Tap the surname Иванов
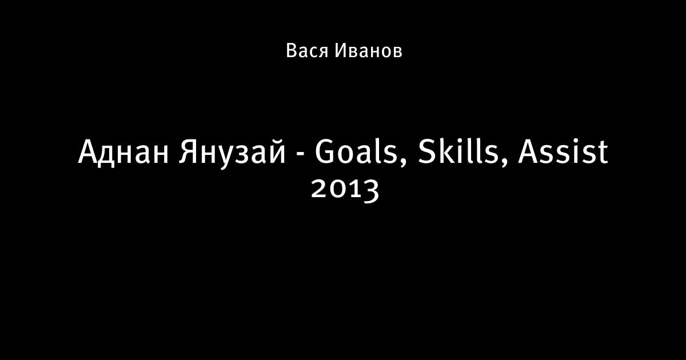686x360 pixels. [x=368, y=50]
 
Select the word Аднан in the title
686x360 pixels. [x=123, y=152]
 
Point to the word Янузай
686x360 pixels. [x=233, y=152]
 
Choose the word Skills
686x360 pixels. [x=458, y=151]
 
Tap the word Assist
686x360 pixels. [x=563, y=151]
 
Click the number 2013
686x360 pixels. [x=345, y=190]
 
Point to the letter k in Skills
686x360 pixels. [x=446, y=151]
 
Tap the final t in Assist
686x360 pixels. [x=601, y=153]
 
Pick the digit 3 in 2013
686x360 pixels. [x=370, y=191]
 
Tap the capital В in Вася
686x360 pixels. [x=292, y=50]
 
